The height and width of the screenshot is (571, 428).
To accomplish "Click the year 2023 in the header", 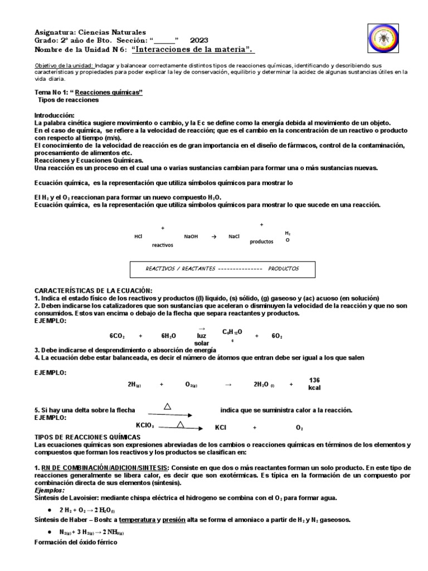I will pyautogui.click(x=199, y=41).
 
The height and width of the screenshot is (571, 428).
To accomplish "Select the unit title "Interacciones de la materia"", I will pyautogui.click(x=193, y=50).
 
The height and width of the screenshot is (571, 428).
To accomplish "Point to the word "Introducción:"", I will pyautogui.click(x=54, y=114).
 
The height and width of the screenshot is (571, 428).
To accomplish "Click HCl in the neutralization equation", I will pyautogui.click(x=139, y=236).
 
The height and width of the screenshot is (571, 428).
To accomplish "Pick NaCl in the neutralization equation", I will pyautogui.click(x=234, y=236).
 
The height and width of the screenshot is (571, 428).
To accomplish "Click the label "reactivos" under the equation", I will pyautogui.click(x=162, y=245).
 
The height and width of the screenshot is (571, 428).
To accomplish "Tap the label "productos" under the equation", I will pyautogui.click(x=261, y=241).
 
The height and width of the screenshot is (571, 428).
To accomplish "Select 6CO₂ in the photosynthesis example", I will pyautogui.click(x=117, y=336).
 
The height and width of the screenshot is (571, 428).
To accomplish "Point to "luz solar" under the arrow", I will pyautogui.click(x=201, y=339).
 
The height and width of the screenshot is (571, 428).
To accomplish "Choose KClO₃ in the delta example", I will pyautogui.click(x=144, y=425).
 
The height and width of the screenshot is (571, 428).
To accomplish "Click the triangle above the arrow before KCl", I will pyautogui.click(x=180, y=425).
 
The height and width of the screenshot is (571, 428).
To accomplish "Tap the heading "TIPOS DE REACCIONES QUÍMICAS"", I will pyautogui.click(x=87, y=437).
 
